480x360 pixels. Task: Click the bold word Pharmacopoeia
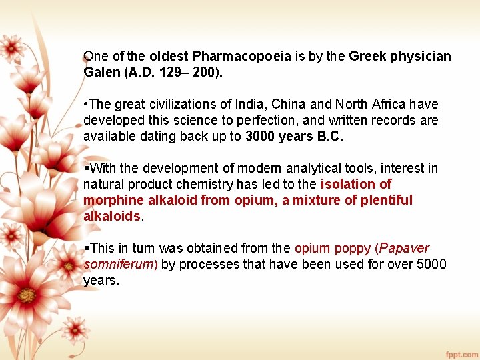point(241,57)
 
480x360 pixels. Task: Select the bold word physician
point(418,57)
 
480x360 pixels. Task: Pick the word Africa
point(388,105)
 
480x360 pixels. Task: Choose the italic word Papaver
point(406,249)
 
